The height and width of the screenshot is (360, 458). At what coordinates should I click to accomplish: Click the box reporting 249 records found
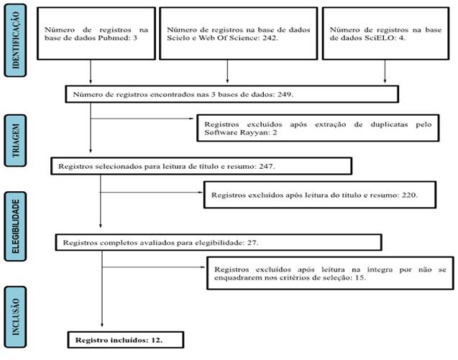pos(230,93)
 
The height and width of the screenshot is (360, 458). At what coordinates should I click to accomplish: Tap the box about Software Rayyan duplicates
pos(317,127)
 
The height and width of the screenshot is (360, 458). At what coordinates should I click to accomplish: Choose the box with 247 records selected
pos(201,165)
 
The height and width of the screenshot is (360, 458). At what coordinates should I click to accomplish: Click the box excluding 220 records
pos(320,195)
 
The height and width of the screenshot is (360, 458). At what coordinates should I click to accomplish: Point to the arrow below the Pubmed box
pos(91,71)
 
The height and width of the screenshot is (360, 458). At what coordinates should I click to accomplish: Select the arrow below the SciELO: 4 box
pos(386,71)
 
